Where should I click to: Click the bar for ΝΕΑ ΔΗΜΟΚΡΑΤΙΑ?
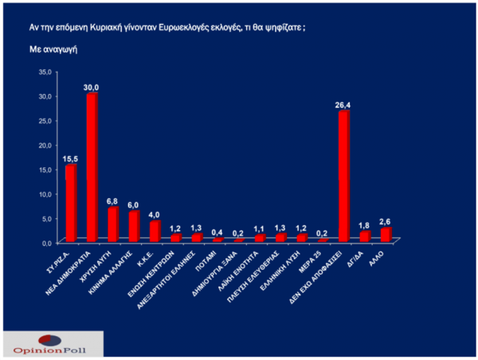click(x=92, y=166)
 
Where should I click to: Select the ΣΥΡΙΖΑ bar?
click(x=71, y=202)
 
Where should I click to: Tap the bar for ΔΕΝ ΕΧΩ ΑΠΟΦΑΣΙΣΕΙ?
click(x=344, y=175)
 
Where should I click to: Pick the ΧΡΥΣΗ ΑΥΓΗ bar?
click(x=113, y=224)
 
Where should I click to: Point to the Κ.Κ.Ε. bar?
click(x=155, y=230)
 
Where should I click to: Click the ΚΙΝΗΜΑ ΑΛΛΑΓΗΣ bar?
click(x=134, y=225)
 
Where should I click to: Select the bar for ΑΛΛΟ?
click(x=386, y=234)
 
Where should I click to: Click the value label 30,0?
click(x=92, y=87)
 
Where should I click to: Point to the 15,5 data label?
click(x=71, y=158)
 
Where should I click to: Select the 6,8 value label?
click(x=113, y=201)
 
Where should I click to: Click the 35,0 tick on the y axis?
click(x=45, y=72)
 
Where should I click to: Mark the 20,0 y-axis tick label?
click(x=45, y=144)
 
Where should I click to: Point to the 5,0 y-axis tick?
click(x=47, y=217)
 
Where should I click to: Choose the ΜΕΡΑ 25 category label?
click(x=315, y=258)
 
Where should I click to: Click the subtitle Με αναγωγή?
click(x=50, y=49)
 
